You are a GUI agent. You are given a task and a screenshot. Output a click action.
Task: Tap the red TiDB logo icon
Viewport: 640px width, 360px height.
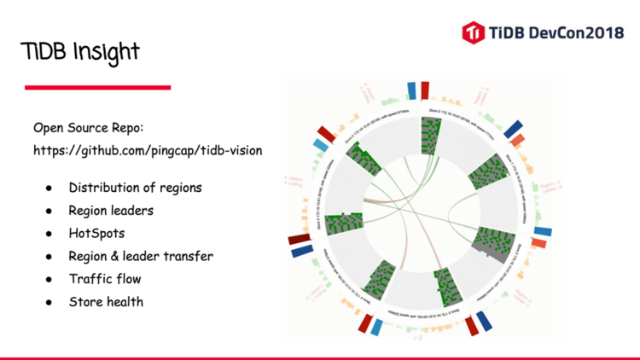coord(473,32)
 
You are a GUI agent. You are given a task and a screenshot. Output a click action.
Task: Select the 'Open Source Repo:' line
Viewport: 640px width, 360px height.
coord(89,128)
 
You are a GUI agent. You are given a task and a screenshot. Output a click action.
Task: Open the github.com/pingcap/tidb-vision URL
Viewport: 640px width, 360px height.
coord(147,150)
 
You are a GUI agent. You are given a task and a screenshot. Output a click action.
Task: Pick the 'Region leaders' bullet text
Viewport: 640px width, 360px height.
coord(110,210)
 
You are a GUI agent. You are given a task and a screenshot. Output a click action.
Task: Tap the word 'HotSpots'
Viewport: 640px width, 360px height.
coord(96,233)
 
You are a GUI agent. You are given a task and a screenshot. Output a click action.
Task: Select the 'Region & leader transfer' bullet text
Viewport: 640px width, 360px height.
coord(141,256)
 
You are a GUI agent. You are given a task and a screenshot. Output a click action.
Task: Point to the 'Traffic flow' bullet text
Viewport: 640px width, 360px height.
coord(105,279)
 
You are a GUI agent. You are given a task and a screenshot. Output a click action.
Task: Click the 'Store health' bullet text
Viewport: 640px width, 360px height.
coord(106,301)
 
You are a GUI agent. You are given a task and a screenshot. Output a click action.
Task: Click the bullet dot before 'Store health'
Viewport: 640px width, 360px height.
coord(50,302)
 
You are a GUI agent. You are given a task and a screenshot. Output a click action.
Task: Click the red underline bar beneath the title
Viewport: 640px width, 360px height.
coord(97,87)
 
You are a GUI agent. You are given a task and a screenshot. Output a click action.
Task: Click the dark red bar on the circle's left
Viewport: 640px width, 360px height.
coord(300,239)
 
